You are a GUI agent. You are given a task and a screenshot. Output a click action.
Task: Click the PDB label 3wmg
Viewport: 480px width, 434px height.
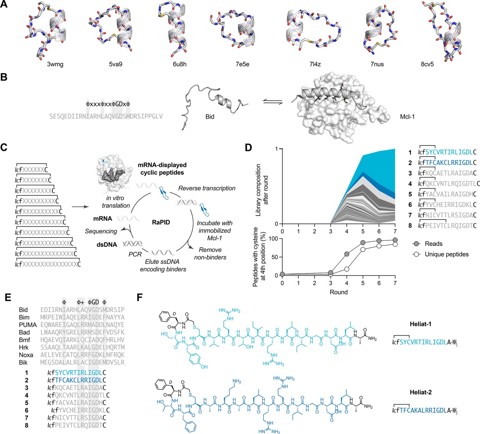55,64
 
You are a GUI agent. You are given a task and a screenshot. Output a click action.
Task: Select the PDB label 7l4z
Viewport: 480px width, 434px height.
315,64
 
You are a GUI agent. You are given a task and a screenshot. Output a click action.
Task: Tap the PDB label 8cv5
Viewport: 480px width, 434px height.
427,64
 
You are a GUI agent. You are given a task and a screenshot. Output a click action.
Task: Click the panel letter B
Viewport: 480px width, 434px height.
4,77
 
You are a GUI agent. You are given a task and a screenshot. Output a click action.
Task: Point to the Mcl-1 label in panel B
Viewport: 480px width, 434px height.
407,117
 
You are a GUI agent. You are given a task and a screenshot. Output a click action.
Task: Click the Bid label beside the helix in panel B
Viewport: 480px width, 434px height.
210,117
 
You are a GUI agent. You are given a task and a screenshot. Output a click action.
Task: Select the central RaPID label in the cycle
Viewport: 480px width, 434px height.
161,222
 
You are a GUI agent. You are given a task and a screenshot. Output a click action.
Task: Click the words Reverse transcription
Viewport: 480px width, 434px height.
207,188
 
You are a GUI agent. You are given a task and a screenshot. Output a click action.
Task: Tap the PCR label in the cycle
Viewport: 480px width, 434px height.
135,254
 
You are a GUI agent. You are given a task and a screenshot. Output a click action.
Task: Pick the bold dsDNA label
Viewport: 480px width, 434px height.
107,245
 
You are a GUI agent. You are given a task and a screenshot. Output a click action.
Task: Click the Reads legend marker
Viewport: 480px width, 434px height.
416,244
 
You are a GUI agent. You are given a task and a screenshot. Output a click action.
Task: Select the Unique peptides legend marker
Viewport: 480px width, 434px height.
416,254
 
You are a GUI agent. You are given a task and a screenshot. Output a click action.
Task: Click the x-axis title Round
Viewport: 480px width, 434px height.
338,292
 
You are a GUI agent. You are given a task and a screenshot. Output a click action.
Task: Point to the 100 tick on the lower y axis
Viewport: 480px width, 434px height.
273,239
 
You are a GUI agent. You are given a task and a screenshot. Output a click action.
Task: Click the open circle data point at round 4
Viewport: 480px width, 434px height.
347,269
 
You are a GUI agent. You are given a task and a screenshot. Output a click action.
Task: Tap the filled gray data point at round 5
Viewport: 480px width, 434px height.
363,243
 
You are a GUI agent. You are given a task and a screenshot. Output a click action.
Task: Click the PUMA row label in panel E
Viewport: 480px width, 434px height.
28,325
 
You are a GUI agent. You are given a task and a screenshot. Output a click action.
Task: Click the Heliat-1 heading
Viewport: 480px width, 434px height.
420,324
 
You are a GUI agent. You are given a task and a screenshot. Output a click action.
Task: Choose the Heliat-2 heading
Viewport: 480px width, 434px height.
420,392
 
